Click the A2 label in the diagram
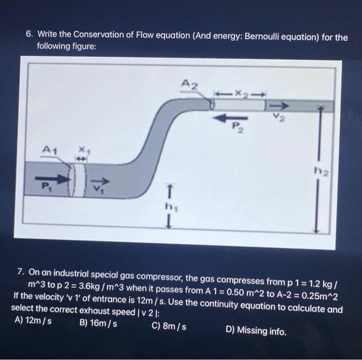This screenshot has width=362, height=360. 190,85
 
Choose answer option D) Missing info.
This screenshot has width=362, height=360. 256,330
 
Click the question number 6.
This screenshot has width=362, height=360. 31,35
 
